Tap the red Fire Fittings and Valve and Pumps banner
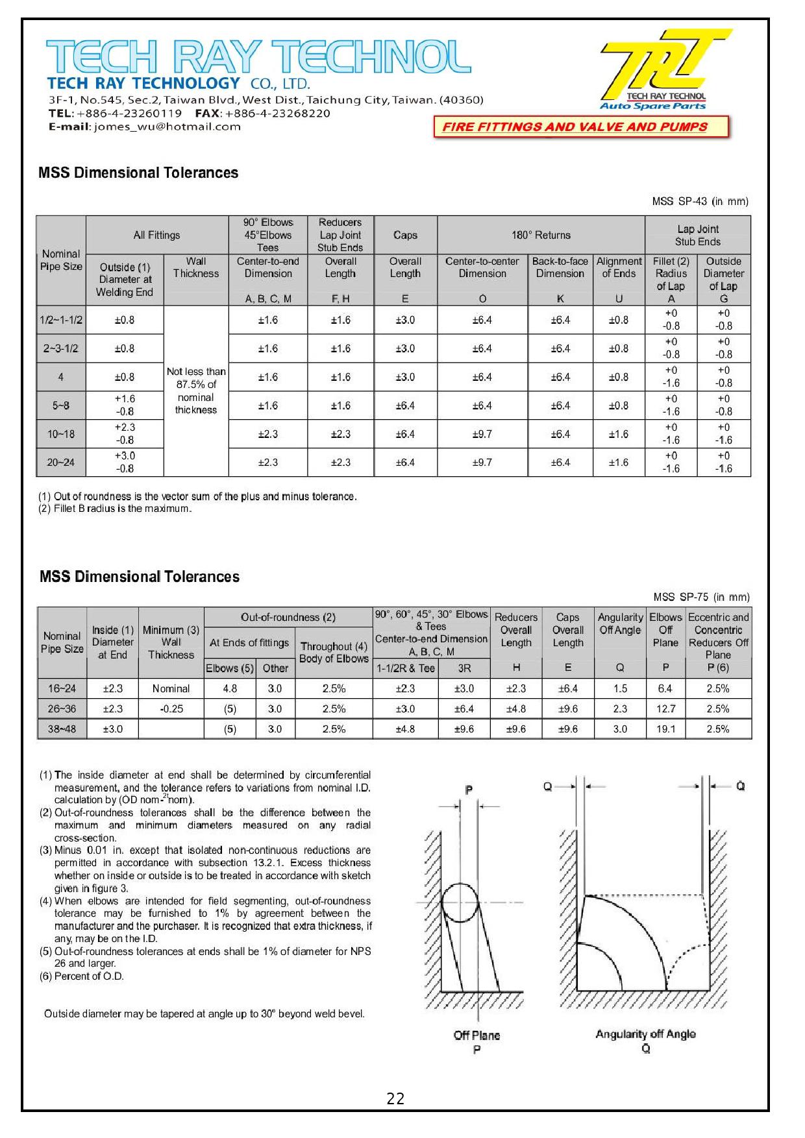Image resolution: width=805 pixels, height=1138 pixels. tap(575, 127)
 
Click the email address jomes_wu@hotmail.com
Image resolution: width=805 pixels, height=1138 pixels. tap(167, 127)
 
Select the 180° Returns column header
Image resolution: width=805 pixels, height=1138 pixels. tap(541, 235)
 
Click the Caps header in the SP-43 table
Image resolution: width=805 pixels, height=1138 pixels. tap(405, 235)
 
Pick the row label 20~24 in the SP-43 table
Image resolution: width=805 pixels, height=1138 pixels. tap(60, 463)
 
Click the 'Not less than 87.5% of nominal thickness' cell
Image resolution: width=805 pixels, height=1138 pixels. tap(196, 391)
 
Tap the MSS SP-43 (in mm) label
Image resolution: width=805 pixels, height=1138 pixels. tap(700, 202)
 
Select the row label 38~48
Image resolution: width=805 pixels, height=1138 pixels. tap(62, 729)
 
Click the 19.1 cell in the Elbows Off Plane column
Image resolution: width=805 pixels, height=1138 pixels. tap(665, 729)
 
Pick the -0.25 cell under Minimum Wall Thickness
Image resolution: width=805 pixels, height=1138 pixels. tap(171, 709)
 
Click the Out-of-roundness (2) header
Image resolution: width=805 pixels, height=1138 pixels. tap(288, 617)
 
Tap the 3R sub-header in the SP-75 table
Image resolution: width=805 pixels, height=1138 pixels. tap(464, 668)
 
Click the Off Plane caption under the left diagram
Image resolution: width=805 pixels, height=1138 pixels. tap(477, 1036)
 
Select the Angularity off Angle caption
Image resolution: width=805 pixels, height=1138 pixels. tap(645, 1034)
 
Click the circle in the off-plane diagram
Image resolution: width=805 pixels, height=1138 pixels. tap(460, 902)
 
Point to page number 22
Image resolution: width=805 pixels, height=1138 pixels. tap(395, 1098)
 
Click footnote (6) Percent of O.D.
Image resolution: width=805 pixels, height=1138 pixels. tap(82, 976)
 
